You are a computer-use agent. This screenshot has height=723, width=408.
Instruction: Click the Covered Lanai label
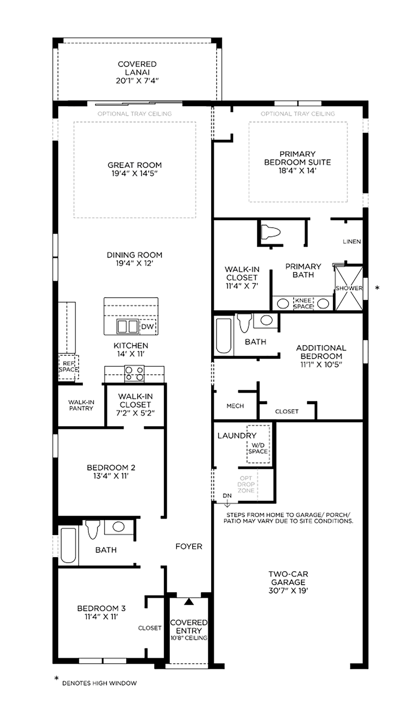click(x=137, y=68)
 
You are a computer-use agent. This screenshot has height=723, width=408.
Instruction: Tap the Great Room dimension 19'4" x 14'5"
click(x=134, y=173)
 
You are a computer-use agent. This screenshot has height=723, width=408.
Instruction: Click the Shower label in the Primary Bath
click(x=349, y=288)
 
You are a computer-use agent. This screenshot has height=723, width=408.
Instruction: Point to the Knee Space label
click(x=303, y=303)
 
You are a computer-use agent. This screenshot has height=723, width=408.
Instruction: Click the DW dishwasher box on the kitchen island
click(x=147, y=327)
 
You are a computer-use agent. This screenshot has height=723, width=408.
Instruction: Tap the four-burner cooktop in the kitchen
click(x=134, y=373)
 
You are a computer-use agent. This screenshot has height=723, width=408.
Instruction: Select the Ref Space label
click(x=68, y=367)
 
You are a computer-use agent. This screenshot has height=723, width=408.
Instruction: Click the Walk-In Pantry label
click(x=81, y=405)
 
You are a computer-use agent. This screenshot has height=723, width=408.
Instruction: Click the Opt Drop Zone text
click(x=246, y=484)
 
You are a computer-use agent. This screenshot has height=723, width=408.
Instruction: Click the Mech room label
click(x=235, y=406)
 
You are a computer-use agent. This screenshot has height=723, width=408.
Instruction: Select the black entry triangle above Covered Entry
click(x=189, y=601)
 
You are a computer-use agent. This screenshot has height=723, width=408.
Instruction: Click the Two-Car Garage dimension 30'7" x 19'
click(x=288, y=590)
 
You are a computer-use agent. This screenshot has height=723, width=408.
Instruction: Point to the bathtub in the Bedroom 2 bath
click(x=68, y=545)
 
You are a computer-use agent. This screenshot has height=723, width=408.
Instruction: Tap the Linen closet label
click(x=352, y=242)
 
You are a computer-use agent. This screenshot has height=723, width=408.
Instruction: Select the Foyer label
click(x=189, y=547)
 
